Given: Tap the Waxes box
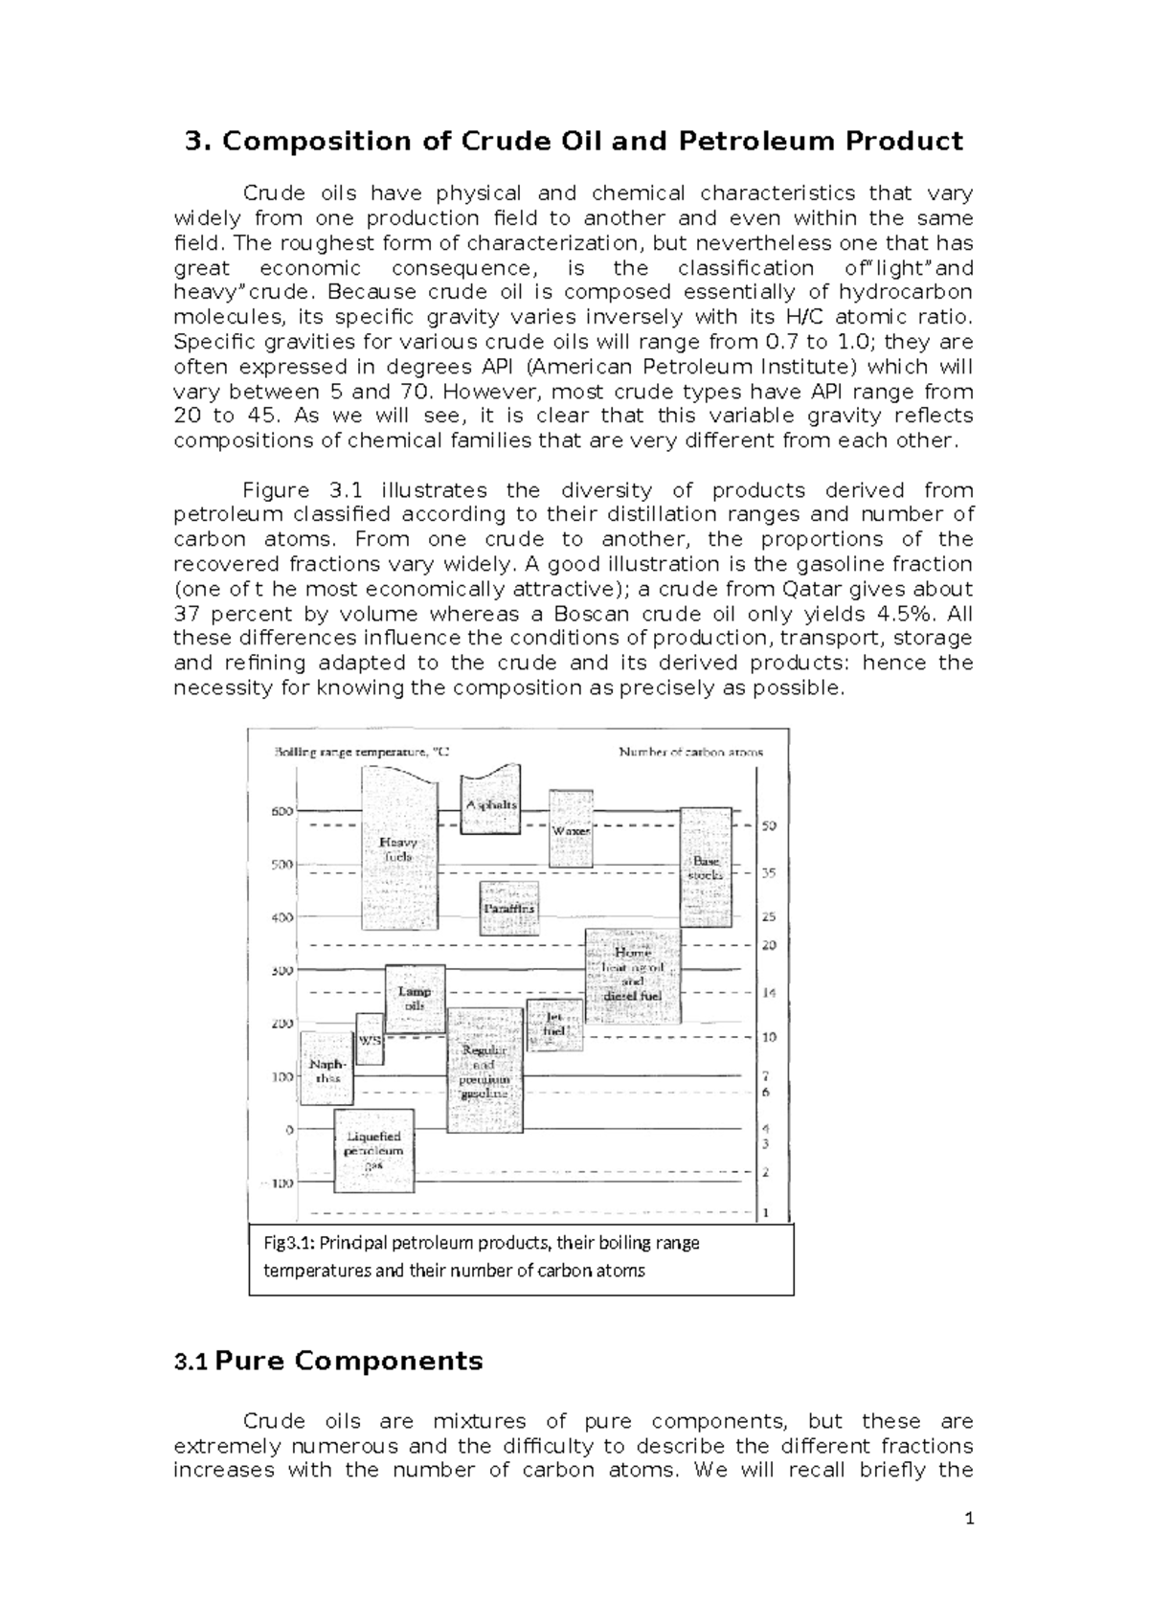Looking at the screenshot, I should (571, 829).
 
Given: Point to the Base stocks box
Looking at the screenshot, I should (707, 868).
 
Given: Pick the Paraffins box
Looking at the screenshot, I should (508, 908).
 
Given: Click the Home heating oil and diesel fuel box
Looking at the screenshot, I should (633, 978).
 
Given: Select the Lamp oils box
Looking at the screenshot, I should (415, 999).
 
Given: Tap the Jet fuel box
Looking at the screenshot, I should (554, 1024).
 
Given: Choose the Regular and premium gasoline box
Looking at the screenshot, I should (485, 1071).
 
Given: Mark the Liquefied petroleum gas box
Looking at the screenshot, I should (373, 1151).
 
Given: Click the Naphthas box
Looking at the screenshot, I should (327, 1069).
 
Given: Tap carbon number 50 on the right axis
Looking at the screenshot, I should (769, 825).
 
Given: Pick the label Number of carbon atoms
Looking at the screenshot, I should (691, 753).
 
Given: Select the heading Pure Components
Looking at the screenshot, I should (349, 1361).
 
